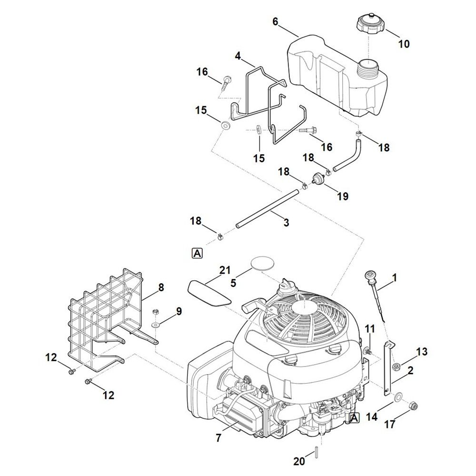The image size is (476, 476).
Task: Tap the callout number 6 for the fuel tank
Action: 276,21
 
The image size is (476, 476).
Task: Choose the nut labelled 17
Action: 414,406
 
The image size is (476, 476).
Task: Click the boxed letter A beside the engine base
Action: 354,418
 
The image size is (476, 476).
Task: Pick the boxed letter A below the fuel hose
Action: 197,253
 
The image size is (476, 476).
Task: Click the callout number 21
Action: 225,270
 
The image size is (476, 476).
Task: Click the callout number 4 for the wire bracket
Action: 238,56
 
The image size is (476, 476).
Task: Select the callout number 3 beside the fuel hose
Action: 286,222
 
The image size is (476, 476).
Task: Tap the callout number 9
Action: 178,311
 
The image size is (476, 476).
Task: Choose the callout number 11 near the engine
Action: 370,328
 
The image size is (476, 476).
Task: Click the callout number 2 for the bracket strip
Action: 410,369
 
